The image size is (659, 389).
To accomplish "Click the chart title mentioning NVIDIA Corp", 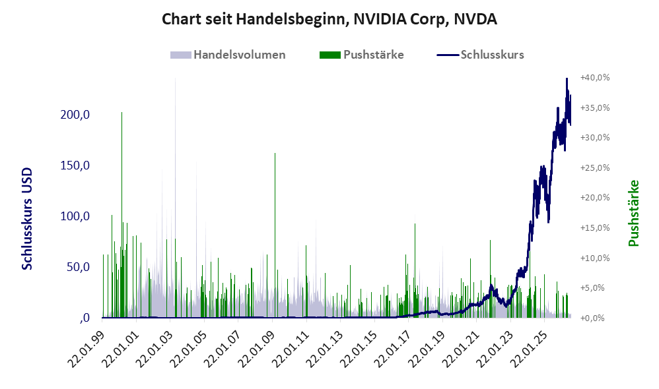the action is coord(329,19).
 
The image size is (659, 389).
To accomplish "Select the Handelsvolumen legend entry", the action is coord(228,55).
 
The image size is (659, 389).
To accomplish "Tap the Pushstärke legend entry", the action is coord(361,55).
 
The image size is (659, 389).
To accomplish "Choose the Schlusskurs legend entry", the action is coord(480,55).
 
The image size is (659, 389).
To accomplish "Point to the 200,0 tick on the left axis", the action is coord(75,115).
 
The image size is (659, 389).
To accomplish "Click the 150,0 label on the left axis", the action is coord(75,165).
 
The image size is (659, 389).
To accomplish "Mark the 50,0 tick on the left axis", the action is coord(78,267).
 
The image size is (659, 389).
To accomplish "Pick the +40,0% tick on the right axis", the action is coord(595,78).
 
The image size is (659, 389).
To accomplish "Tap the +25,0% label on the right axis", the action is coord(595,168).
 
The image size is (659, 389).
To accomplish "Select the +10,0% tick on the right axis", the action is coord(595,258).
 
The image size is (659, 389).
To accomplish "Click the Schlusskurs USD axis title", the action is coord(27,219).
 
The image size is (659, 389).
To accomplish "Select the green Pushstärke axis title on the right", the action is coord(633,213).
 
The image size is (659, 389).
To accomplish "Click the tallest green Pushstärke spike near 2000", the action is coord(122,214).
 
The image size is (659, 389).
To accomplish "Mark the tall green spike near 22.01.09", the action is coord(275,235).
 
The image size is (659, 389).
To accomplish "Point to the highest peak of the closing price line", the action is coord(567,78).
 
